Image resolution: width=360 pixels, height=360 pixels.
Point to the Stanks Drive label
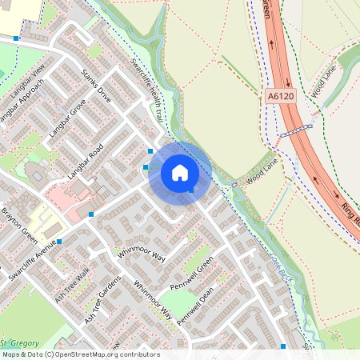point(97,86)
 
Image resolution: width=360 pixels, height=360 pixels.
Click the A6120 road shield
point(274,95)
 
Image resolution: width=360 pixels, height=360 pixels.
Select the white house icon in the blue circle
point(180,173)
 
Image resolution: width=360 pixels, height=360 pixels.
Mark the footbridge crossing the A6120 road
point(294,130)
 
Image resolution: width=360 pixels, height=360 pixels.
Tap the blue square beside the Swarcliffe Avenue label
point(59,241)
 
